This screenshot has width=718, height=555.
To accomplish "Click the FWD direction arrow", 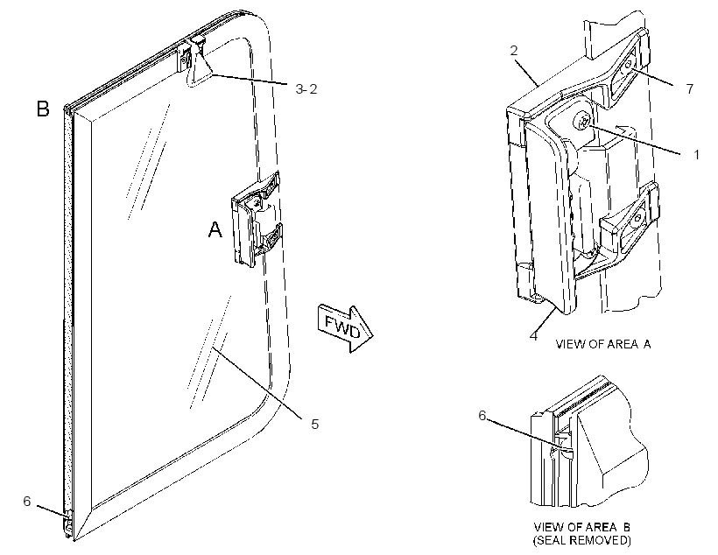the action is tap(345, 328).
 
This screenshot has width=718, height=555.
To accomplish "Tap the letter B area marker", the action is tap(43, 109).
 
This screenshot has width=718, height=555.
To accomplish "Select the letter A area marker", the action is tap(215, 229).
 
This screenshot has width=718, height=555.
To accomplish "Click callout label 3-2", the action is tap(306, 88).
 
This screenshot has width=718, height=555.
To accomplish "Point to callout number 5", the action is tap(314, 424).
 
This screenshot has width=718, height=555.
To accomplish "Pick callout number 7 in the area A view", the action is tap(690, 88).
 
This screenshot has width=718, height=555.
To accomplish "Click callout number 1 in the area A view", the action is tap(696, 155).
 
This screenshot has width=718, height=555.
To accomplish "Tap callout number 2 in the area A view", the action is tap(514, 51).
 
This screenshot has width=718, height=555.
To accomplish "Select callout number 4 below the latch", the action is tap(533, 335).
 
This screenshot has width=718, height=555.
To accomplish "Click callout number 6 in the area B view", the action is tap(482, 415).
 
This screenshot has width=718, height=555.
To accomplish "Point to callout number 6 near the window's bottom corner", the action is tap(27, 502).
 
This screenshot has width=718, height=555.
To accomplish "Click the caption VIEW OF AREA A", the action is tap(603, 344).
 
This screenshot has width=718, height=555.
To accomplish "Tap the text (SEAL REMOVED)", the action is tap(581, 540).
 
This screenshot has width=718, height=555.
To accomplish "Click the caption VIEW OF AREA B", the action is tap(581, 527).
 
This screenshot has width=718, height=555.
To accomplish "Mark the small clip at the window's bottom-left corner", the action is tap(68, 524).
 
